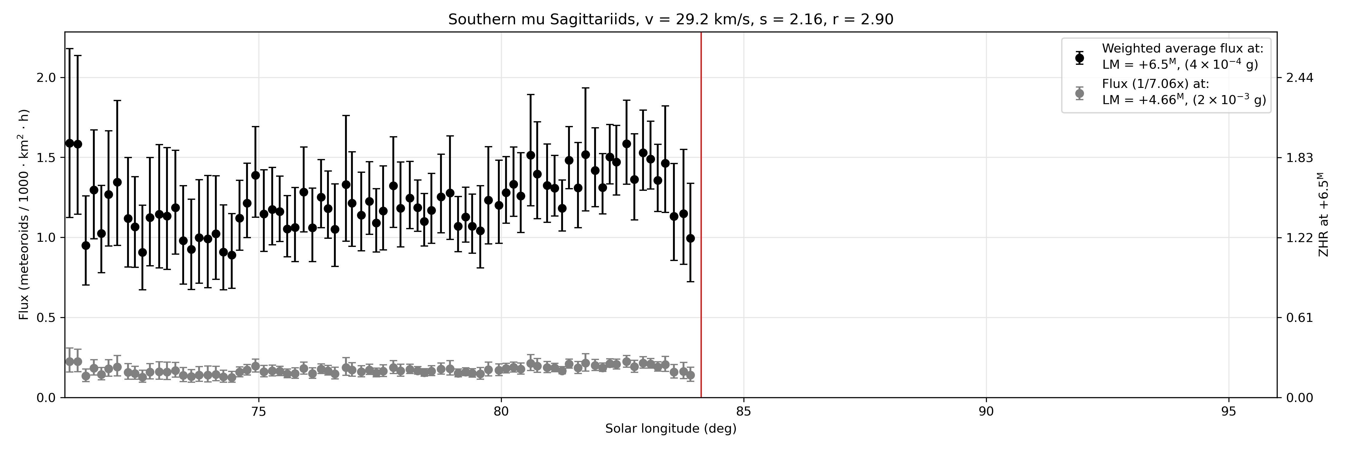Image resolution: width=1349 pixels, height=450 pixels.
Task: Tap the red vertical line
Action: tap(701, 215)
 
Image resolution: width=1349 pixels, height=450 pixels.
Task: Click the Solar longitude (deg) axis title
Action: tap(671, 429)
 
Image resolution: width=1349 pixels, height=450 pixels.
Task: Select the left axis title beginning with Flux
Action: tap(24, 215)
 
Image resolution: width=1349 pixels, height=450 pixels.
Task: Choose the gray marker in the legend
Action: tap(1079, 93)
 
